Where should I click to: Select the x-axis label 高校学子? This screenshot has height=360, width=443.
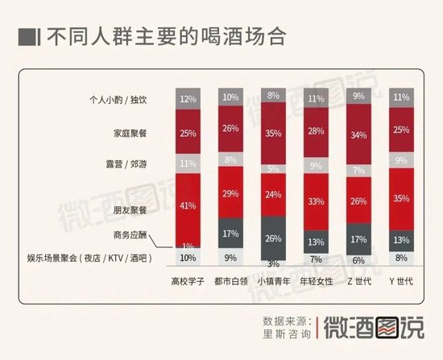click(188, 283)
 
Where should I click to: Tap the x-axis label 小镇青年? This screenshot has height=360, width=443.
click(275, 283)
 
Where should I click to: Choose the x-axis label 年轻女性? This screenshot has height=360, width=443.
click(317, 283)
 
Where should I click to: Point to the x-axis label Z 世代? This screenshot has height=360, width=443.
click(360, 283)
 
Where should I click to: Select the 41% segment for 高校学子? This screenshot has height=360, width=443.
click(188, 205)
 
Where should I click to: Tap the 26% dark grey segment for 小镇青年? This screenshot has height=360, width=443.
click(275, 238)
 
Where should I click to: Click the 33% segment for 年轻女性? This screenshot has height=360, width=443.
click(317, 201)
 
